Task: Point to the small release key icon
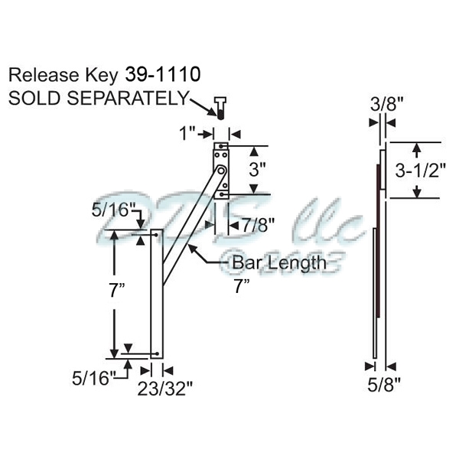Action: click(x=220, y=109)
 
